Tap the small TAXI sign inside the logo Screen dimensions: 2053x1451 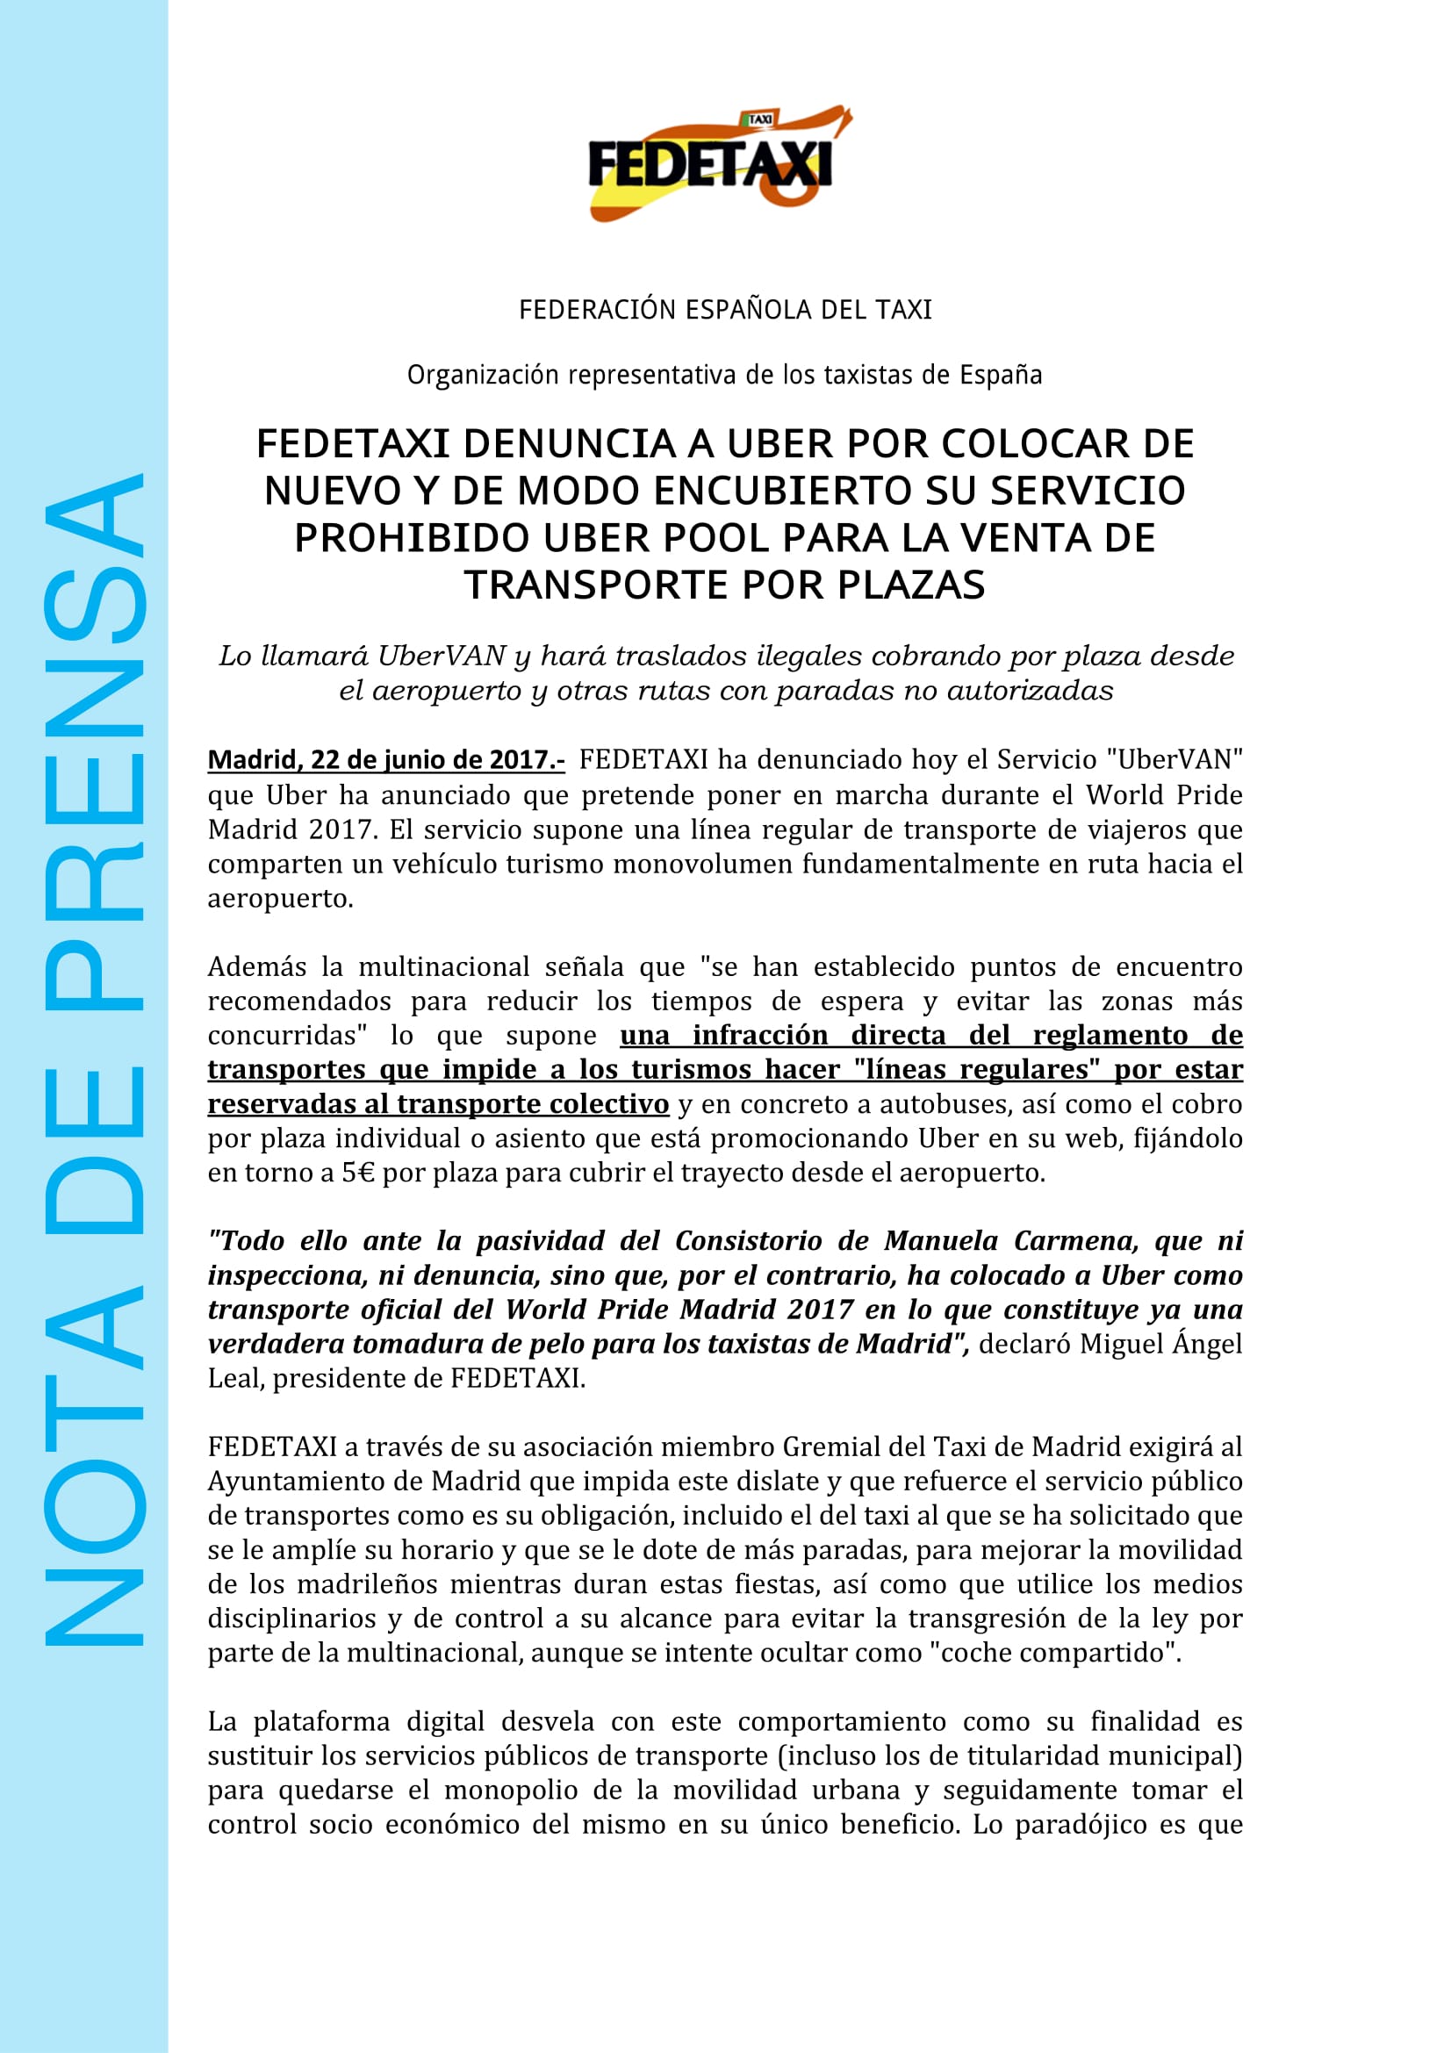pyautogui.click(x=759, y=118)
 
